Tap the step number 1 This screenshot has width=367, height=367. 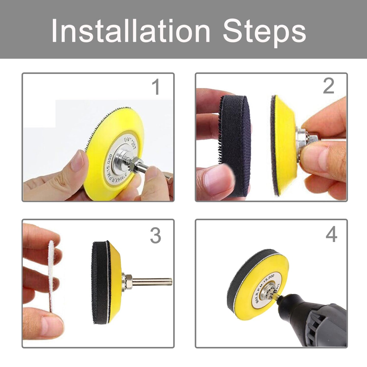pos(155,87)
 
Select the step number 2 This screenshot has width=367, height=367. pos(328,87)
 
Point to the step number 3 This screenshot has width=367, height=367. pos(155,235)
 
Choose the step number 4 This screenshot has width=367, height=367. pos(331,235)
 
